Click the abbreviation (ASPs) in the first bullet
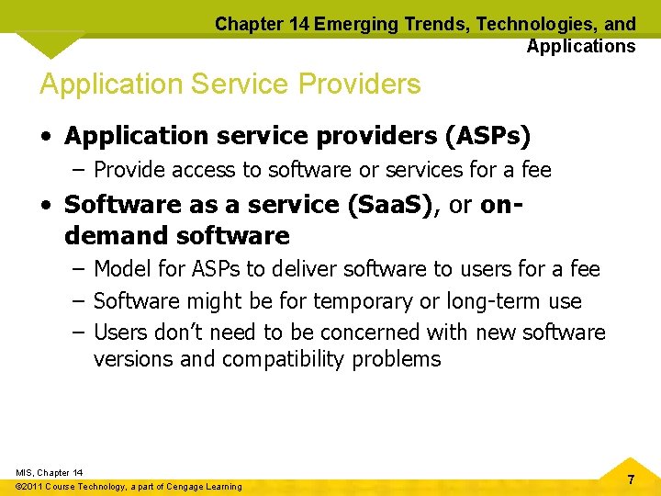[x=487, y=136]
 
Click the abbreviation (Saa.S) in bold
[x=388, y=204]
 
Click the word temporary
[x=367, y=300]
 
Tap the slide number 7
[x=631, y=479]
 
